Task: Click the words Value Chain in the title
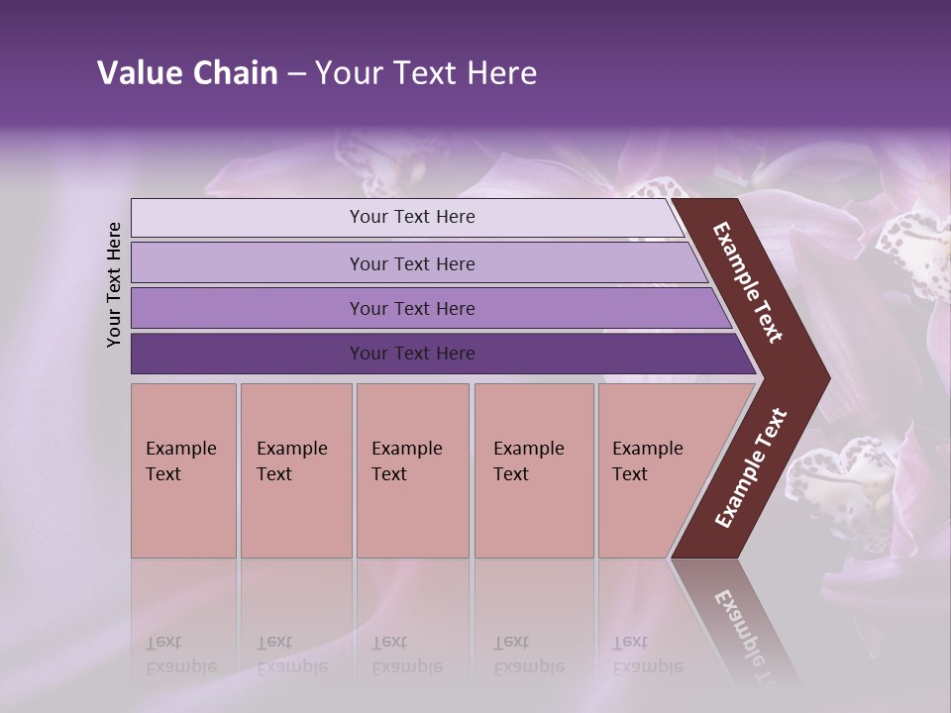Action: (187, 73)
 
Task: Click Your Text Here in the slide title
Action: (426, 73)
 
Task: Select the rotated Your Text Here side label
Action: (114, 284)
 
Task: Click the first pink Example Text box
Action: (183, 470)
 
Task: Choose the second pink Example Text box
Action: (295, 470)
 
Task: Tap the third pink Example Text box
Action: (412, 470)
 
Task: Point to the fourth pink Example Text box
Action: (534, 470)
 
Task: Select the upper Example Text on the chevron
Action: (748, 282)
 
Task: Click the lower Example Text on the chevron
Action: (751, 468)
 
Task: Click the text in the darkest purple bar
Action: (412, 354)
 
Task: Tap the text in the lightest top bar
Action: (412, 217)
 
